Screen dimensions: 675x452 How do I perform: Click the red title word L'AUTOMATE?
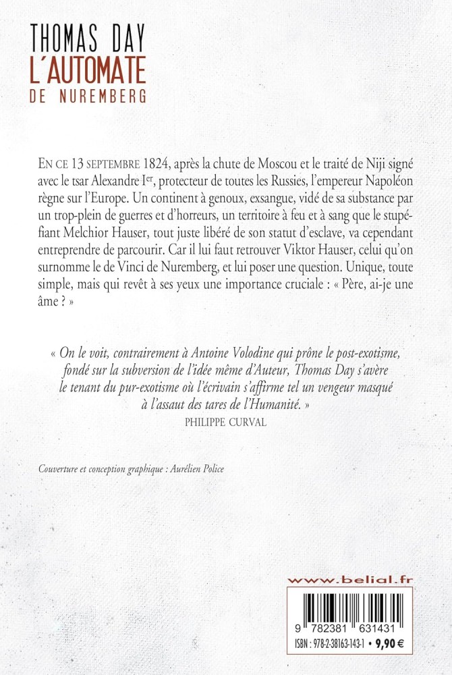(x=89, y=70)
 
